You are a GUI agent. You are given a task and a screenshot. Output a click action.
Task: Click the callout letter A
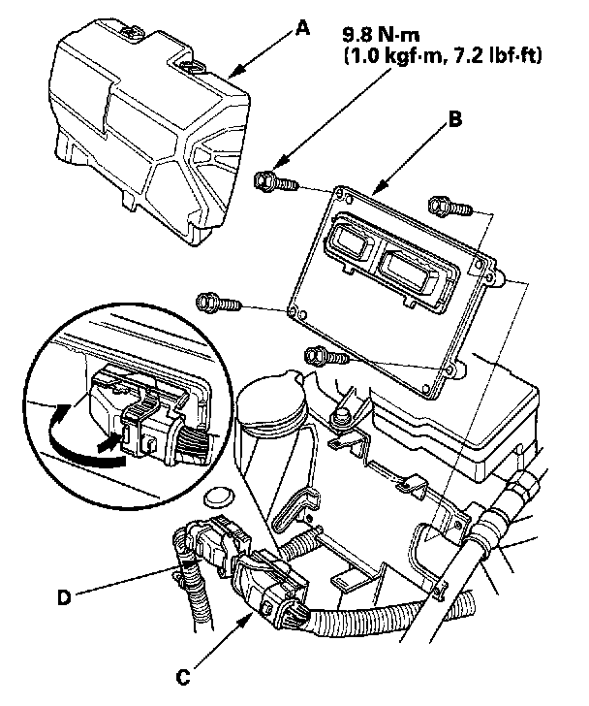click(303, 30)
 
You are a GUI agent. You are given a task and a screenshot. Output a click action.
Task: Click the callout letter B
click(454, 119)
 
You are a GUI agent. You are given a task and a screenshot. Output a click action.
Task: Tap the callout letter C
click(182, 677)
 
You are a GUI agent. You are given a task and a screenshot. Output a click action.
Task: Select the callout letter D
click(64, 598)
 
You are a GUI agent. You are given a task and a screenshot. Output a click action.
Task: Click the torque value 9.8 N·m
click(382, 35)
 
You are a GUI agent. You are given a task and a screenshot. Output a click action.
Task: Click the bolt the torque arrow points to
click(275, 182)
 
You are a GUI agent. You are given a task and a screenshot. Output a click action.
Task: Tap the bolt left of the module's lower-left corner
click(218, 303)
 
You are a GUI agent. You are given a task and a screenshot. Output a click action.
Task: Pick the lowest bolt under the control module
click(325, 356)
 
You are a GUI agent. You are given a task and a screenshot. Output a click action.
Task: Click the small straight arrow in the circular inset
click(109, 441)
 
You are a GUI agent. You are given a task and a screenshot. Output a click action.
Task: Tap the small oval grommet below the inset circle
click(219, 497)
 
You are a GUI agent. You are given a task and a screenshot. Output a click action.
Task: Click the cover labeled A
click(148, 131)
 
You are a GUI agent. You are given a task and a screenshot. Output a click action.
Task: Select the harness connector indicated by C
click(269, 586)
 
